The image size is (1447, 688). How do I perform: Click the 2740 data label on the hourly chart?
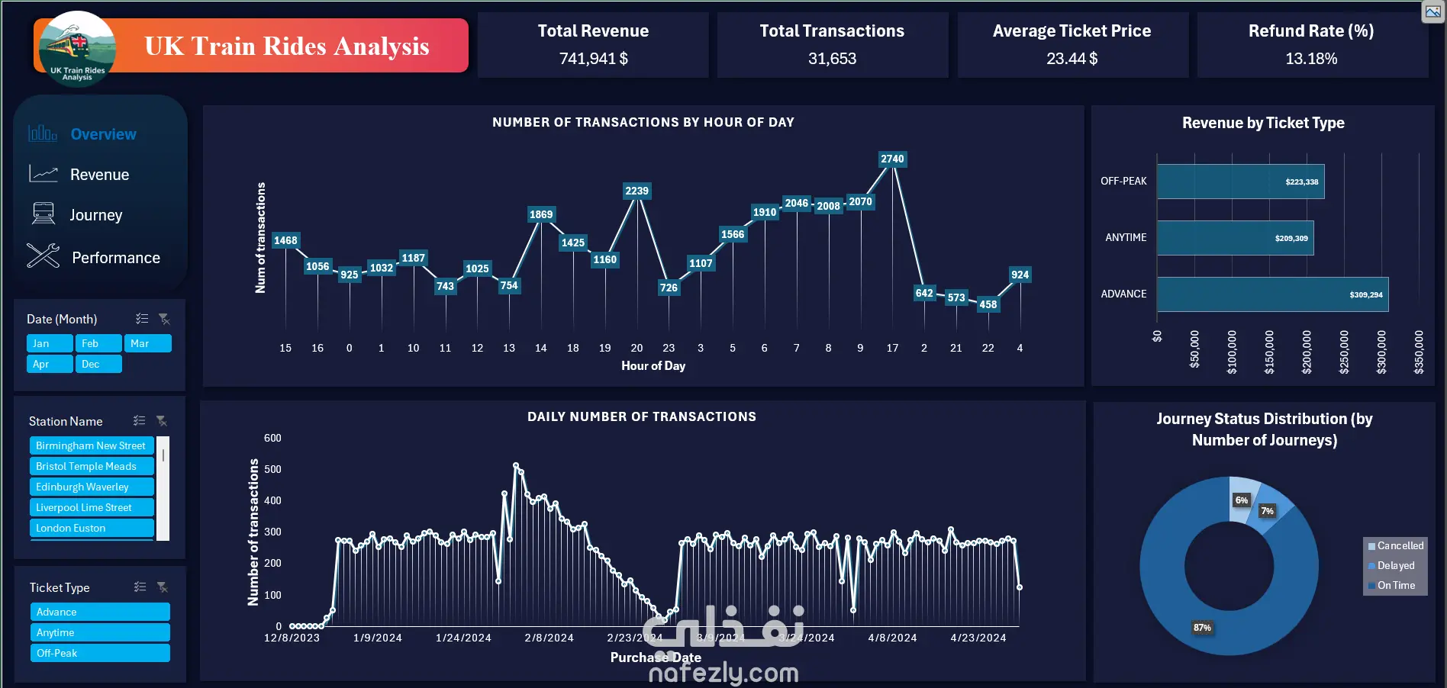891,159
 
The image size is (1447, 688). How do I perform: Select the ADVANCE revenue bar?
1271,294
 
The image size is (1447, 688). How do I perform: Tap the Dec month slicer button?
98,365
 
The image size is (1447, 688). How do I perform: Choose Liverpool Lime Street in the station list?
92,507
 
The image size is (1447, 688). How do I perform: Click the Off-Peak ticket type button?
99,654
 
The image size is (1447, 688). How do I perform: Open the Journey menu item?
95,215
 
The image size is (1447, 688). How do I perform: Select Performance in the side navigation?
115,258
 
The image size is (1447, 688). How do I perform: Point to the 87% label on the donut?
1202,628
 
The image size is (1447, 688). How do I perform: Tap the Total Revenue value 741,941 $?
593,59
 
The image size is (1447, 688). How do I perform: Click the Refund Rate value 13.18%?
1310,59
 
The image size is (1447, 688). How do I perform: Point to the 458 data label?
988,304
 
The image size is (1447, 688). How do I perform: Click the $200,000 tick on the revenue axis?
1307,352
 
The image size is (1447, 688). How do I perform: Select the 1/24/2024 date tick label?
463,638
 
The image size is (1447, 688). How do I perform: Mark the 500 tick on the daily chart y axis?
272,470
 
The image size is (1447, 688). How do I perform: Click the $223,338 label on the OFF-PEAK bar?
1301,182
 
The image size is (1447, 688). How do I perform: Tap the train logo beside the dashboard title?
76,48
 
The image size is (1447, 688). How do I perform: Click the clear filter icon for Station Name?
162,421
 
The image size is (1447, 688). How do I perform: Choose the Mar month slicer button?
147,344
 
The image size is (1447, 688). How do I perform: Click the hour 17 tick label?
892,349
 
